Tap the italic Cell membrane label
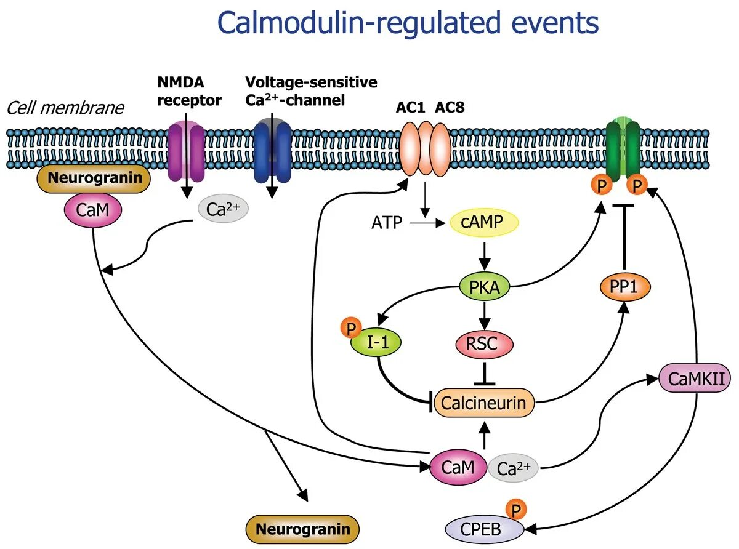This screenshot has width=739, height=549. [x=65, y=108]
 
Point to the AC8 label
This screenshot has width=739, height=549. [x=450, y=108]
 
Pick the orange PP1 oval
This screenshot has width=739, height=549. [x=625, y=287]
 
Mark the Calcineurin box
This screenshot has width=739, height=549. [x=483, y=403]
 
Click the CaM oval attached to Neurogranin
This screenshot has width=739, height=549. [x=93, y=211]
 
